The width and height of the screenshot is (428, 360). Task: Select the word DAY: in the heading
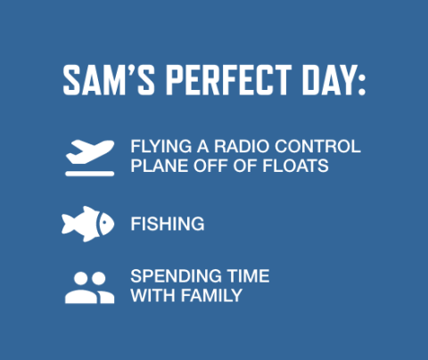coord(331,81)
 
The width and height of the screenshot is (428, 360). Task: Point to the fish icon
coord(88,224)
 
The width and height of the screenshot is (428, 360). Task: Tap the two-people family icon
coord(89,287)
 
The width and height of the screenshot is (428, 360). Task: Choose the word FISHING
coord(167,224)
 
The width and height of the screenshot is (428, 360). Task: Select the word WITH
coord(150,295)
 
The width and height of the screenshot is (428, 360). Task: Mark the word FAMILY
coord(209,295)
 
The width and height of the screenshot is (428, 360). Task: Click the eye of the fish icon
coord(103,220)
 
